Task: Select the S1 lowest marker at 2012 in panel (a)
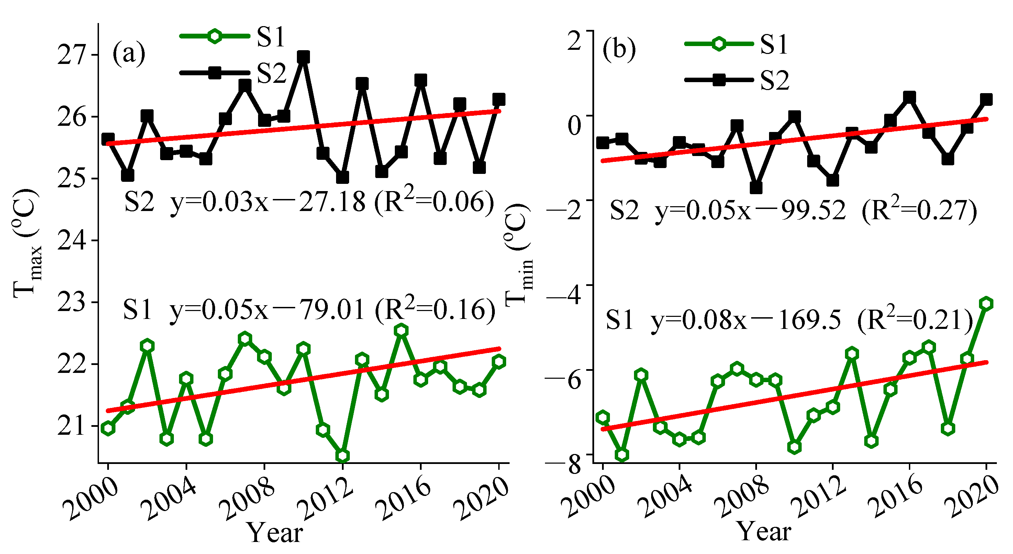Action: point(343,456)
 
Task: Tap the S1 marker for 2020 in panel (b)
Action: point(986,303)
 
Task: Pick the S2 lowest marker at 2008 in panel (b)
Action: point(756,188)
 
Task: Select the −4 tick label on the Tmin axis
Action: point(563,295)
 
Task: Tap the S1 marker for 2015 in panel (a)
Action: point(401,331)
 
